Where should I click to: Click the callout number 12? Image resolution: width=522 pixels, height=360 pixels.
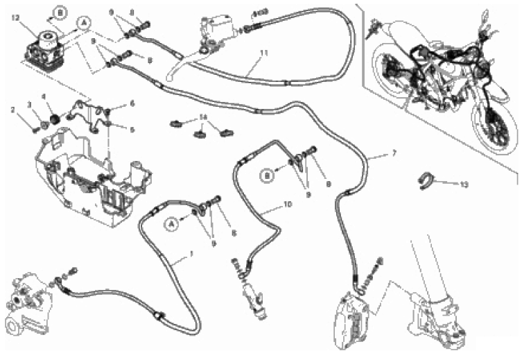(x=15, y=19)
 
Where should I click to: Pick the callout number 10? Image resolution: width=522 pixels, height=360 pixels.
(x=288, y=206)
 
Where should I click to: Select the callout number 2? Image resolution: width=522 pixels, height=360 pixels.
(x=12, y=110)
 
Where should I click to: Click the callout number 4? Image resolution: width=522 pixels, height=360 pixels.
(x=43, y=97)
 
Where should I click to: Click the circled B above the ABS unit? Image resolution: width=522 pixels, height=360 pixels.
(x=61, y=12)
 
